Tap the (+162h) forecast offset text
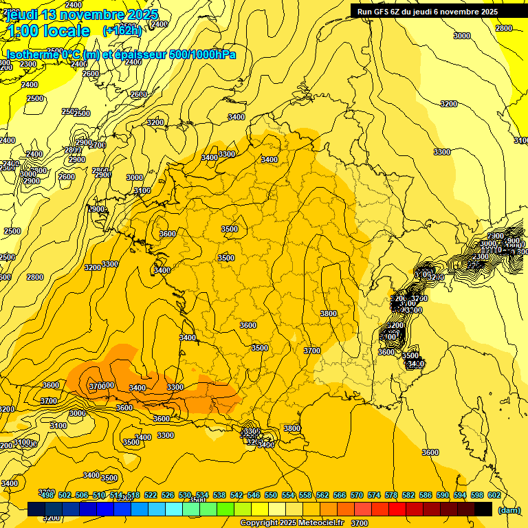click(122, 30)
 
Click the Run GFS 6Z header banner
click(427, 11)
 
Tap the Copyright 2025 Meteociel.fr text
click(291, 523)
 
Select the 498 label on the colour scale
click(47, 495)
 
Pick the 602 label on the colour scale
click(494, 495)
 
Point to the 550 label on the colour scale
click(270, 495)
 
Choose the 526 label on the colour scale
click(167, 495)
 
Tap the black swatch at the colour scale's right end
click(483, 509)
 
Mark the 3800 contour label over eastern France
click(329, 313)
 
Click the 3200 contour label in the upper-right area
click(448, 104)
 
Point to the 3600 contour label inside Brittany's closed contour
click(168, 234)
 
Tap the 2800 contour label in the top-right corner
click(504, 28)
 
